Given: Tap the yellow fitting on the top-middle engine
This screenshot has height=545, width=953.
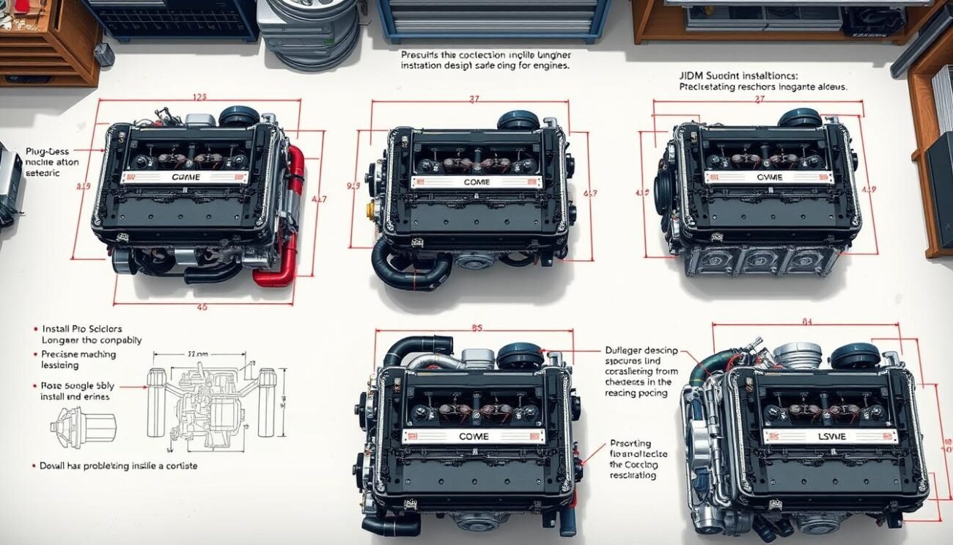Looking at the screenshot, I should [x=371, y=211].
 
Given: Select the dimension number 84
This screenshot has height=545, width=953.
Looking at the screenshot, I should [x=806, y=320].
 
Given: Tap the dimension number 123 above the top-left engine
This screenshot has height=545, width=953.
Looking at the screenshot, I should [x=199, y=96].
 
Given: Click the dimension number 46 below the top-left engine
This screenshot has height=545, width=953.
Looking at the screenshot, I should [x=200, y=307].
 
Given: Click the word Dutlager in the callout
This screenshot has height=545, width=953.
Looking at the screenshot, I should [x=625, y=350].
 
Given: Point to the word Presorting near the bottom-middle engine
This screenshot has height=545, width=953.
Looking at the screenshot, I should [x=631, y=443].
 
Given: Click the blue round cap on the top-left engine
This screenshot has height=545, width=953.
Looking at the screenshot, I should [x=239, y=116].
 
